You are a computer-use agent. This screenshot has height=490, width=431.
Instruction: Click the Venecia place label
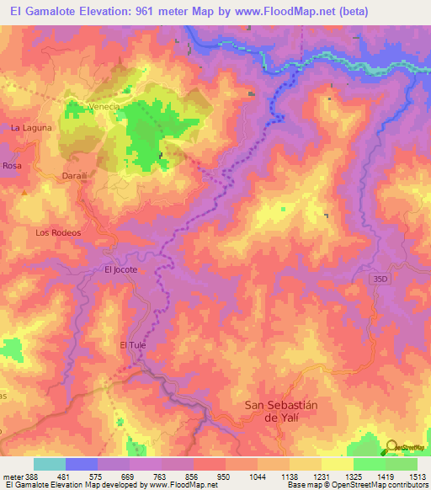tap(105, 107)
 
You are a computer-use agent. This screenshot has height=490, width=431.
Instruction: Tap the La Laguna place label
tap(31, 128)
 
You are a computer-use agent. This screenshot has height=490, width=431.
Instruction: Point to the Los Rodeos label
tap(58, 232)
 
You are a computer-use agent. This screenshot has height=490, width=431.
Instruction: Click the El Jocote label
tap(120, 270)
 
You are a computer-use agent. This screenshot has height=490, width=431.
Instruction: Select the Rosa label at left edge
tap(11, 167)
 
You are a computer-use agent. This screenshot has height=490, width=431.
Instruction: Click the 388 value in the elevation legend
tap(33, 477)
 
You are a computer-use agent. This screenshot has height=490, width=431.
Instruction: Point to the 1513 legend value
tap(417, 477)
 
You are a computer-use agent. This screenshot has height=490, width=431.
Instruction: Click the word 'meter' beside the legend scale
tap(13, 477)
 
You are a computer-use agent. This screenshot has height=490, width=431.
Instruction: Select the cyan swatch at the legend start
tap(50, 464)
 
